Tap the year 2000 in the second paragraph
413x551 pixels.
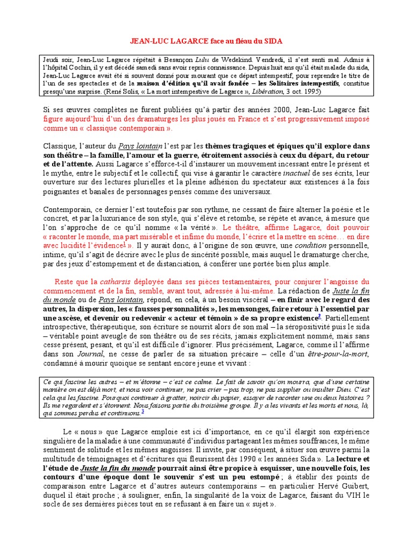coord(289,110)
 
